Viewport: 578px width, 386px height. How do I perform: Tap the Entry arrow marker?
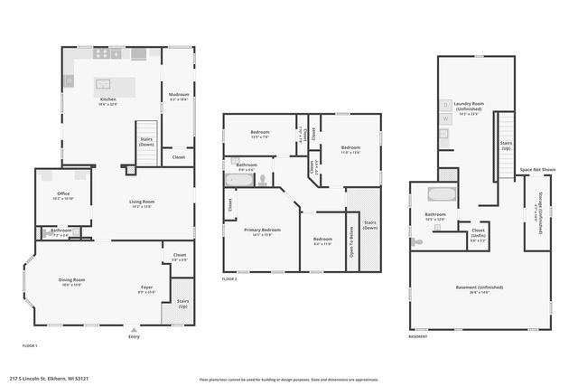click(x=134, y=329)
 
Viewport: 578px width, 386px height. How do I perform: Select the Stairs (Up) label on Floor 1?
click(x=182, y=303)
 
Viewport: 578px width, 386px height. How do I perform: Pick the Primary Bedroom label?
click(x=262, y=231)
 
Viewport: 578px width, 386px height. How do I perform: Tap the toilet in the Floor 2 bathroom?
click(x=262, y=179)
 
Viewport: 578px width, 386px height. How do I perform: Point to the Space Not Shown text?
click(x=536, y=169)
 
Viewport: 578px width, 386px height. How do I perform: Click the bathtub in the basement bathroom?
click(x=442, y=193)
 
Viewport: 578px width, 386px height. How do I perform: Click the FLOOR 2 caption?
click(x=229, y=279)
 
